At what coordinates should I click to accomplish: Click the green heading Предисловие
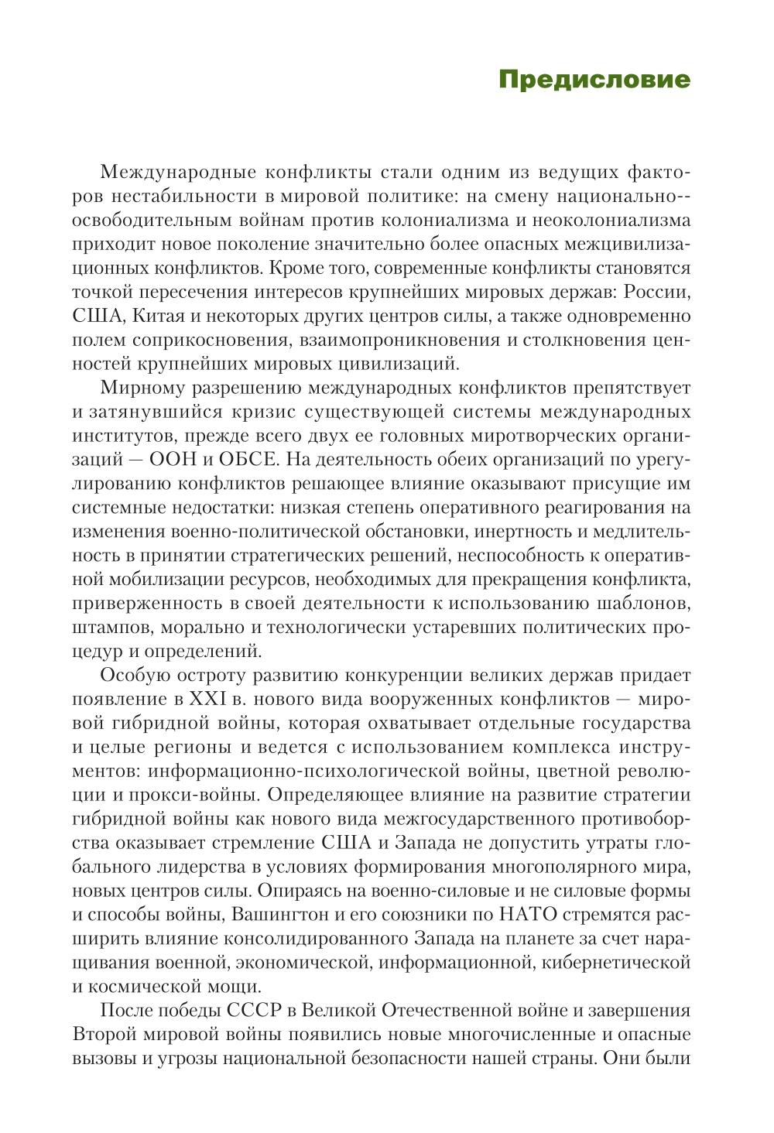pyautogui.click(x=594, y=80)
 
